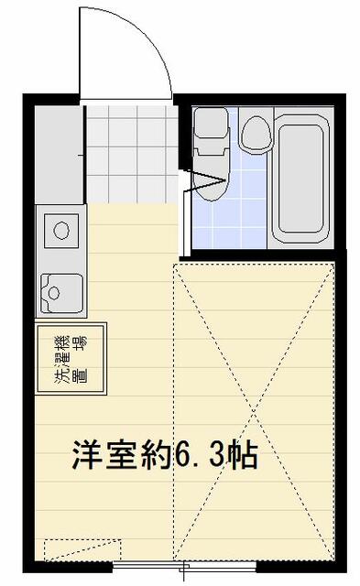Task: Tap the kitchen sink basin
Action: pos(61,293)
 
